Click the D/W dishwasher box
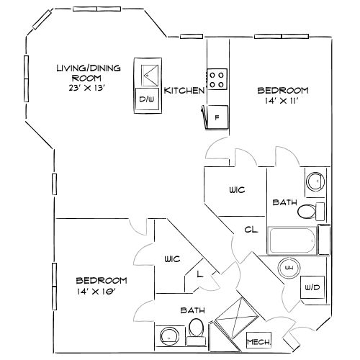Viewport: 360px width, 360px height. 147,99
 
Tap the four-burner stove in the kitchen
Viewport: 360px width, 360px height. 217,79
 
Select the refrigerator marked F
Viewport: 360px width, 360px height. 217,117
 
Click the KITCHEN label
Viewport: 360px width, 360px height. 184,91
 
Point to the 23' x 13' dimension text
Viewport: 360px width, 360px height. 87,88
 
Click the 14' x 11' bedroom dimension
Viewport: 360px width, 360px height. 282,101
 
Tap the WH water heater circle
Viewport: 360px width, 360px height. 289,268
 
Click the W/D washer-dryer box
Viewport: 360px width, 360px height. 312,287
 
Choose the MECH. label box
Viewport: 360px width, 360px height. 258,341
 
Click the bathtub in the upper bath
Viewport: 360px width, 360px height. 292,240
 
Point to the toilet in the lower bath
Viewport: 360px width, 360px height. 196,332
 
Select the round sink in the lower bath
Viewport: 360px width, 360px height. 170,337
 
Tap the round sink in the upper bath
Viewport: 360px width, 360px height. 315,181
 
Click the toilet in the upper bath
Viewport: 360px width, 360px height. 311,212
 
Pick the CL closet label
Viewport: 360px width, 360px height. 251,230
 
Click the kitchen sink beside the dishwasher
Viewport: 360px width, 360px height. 150,76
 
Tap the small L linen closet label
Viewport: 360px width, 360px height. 199,274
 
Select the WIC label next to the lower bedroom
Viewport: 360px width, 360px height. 172,259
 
